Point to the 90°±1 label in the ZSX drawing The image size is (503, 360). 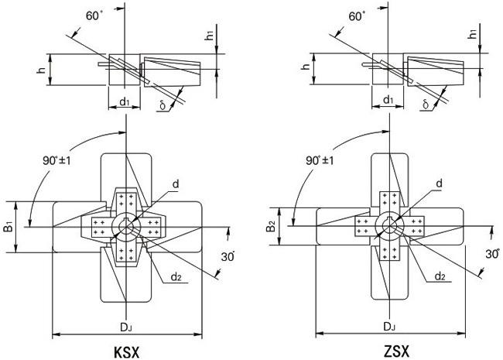click(x=319, y=160)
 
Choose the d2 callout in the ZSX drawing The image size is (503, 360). click(x=439, y=276)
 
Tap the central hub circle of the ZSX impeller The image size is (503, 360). click(x=392, y=225)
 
